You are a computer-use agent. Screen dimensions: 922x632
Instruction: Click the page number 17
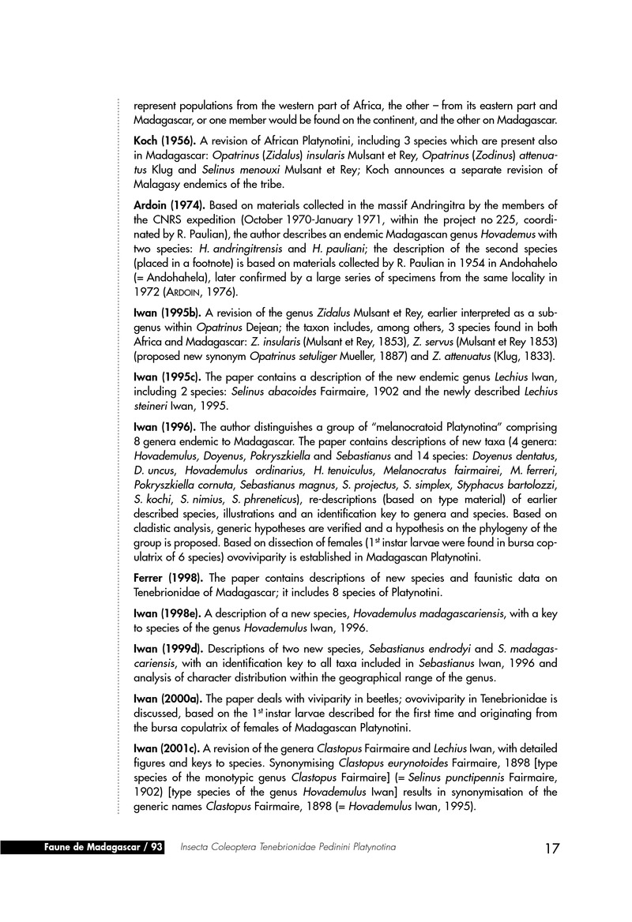pyautogui.click(x=552, y=849)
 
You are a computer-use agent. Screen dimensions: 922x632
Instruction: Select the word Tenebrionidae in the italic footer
pyautogui.click(x=286, y=847)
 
